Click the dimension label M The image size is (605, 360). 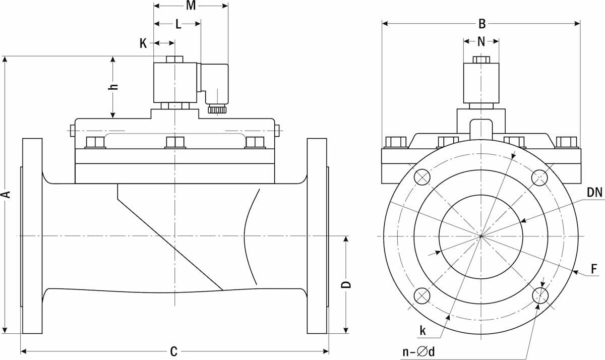(x=191, y=6)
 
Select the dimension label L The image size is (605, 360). (x=178, y=24)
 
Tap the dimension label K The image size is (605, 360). (x=143, y=43)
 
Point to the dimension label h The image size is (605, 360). (x=114, y=86)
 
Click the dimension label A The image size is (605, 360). (x=6, y=195)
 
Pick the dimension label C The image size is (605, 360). (x=173, y=351)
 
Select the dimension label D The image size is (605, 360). (x=346, y=285)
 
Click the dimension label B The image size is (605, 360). (x=481, y=23)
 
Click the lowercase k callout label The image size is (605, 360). (x=422, y=331)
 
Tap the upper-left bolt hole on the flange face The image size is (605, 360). (x=422, y=177)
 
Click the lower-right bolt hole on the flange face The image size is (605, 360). (x=540, y=295)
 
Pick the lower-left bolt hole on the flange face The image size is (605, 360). (x=422, y=295)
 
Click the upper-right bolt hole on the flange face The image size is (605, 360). (x=540, y=177)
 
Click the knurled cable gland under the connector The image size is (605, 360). (x=217, y=109)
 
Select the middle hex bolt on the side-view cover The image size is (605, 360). (x=175, y=143)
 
